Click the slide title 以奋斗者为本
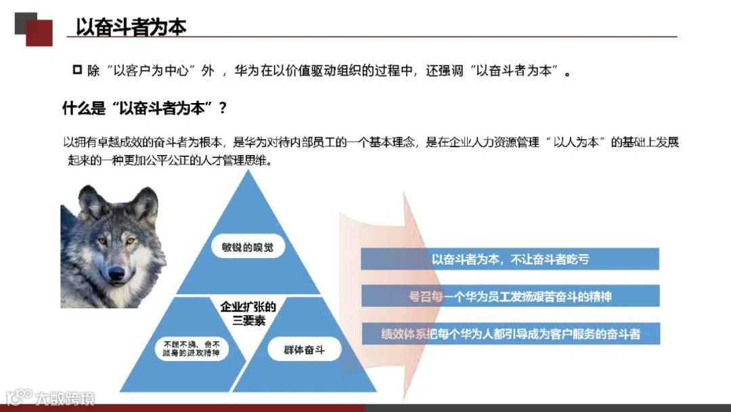[x=131, y=26]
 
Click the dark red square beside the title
[x=39, y=33]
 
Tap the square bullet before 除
[x=76, y=70]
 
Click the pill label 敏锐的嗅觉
[x=248, y=247]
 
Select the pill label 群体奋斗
[x=305, y=350]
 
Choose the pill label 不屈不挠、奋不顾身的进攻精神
[x=192, y=349]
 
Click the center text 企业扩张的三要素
[x=248, y=314]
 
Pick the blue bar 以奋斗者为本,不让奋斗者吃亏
[x=510, y=259]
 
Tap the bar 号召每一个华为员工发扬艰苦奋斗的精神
[x=510, y=296]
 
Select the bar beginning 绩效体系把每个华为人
[x=510, y=333]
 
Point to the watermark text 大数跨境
[x=65, y=398]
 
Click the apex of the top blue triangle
[x=248, y=171]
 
